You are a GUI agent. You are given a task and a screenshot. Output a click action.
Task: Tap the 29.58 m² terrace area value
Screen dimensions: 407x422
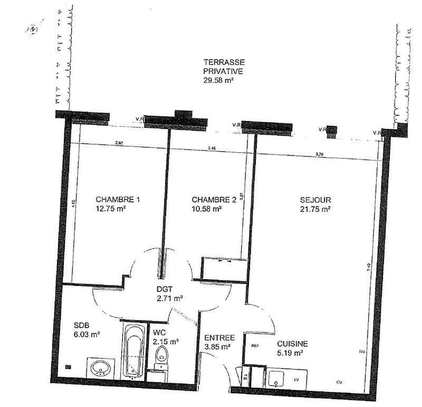(218, 81)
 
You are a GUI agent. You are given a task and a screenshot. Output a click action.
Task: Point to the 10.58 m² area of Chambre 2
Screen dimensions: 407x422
(207, 209)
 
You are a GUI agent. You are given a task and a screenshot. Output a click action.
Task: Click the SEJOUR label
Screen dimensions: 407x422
(315, 200)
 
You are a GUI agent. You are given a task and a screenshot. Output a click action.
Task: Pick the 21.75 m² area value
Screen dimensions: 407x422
(315, 209)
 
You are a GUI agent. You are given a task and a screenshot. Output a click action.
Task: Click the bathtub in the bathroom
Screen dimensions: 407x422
(134, 351)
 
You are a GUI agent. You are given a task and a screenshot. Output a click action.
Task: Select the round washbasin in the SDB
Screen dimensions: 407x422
(100, 368)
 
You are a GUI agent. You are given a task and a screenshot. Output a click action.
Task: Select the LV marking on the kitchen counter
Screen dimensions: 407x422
(296, 380)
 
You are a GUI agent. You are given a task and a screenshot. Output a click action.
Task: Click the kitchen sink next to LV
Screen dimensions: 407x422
(276, 380)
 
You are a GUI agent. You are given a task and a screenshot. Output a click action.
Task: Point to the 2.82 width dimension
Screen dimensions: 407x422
(119, 143)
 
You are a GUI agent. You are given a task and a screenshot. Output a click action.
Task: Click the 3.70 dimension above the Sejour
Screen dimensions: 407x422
(319, 154)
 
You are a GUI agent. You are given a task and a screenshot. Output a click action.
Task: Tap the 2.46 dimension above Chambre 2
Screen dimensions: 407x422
(212, 148)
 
